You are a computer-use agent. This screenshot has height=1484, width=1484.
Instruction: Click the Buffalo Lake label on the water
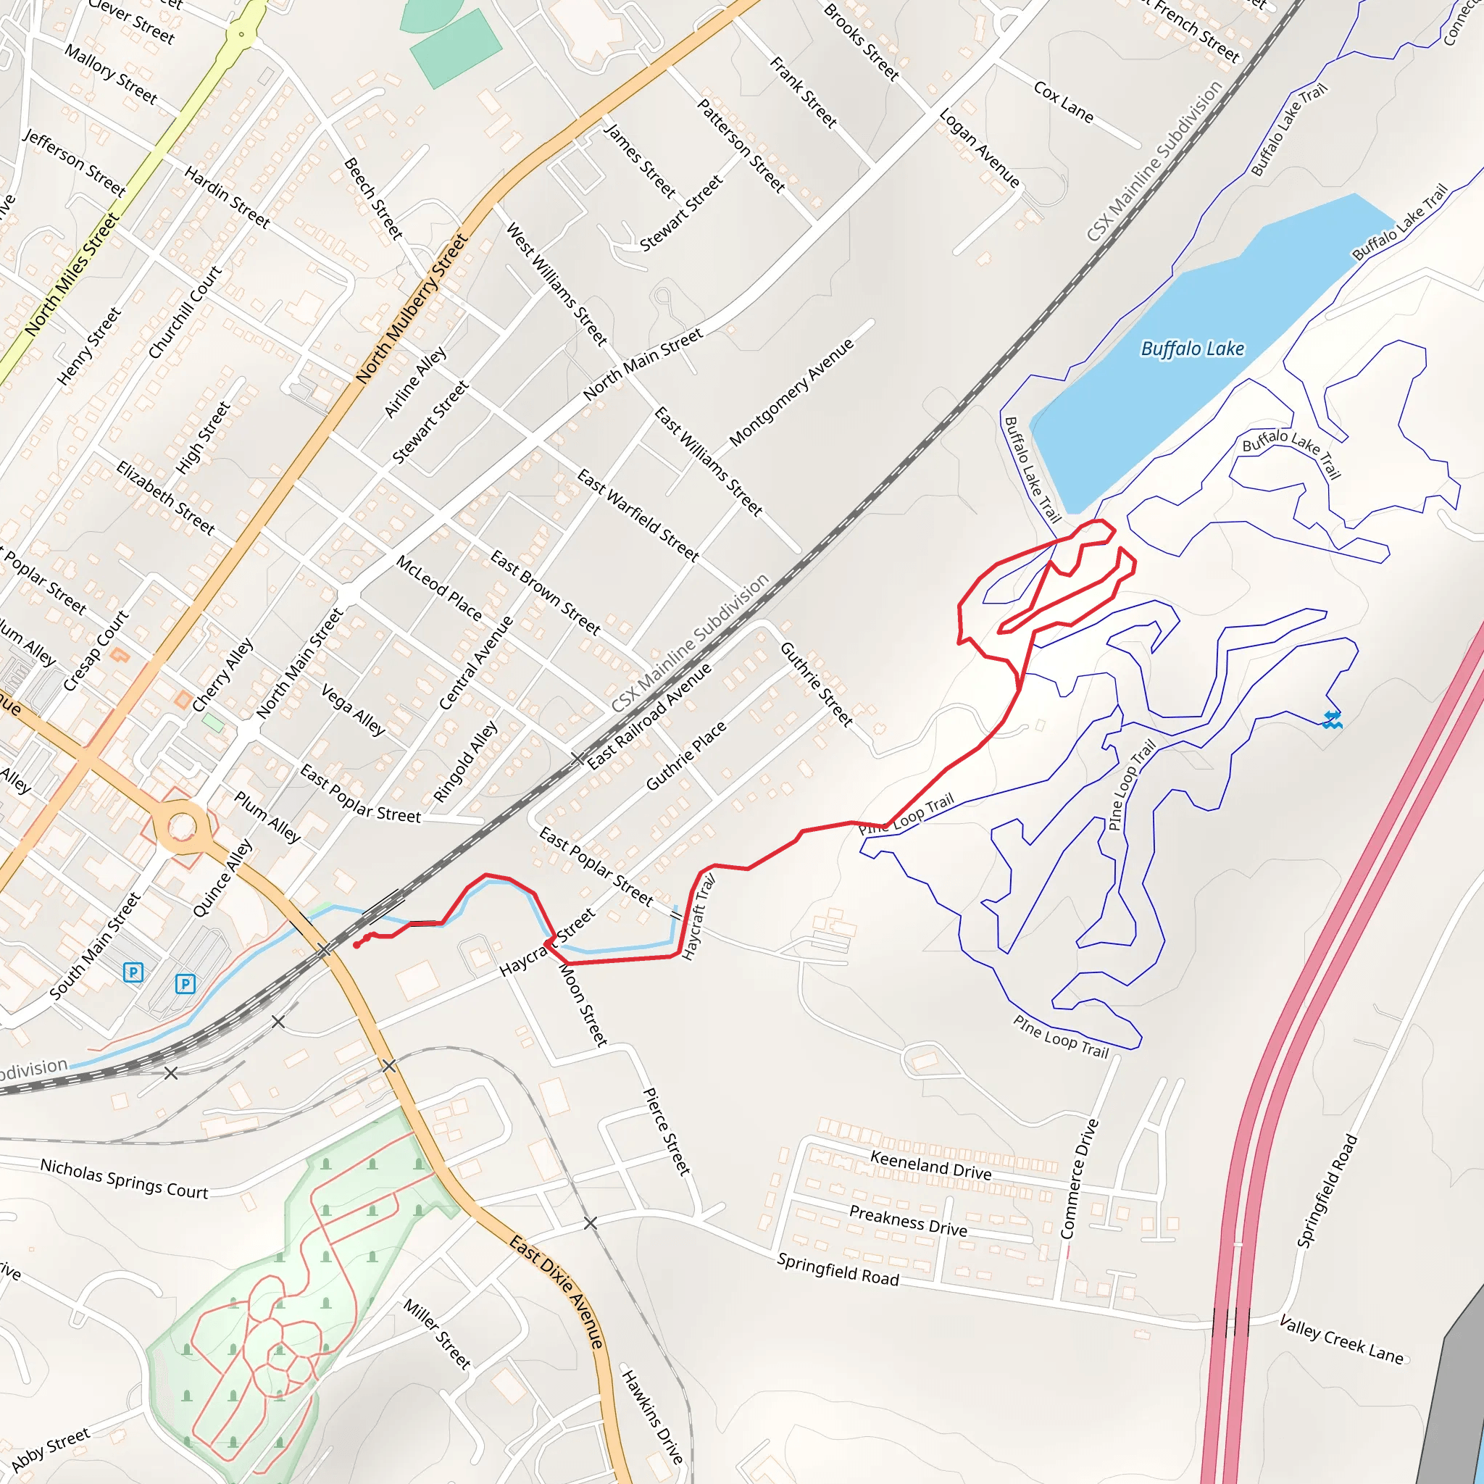coord(1192,349)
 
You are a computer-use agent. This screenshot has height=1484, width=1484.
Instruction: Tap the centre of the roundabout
coord(182,828)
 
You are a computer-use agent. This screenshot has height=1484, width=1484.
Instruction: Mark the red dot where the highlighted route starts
coord(357,945)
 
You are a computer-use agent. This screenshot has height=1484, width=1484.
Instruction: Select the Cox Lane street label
coord(1063,101)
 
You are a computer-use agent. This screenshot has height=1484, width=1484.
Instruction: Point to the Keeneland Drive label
coord(930,1165)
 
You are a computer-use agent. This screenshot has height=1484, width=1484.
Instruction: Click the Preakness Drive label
coord(908,1220)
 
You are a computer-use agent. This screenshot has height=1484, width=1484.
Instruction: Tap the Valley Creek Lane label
coord(1341,1339)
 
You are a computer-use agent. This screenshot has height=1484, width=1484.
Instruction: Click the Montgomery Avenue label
coord(791,392)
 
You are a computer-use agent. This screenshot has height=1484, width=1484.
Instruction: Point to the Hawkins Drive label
coord(652,1416)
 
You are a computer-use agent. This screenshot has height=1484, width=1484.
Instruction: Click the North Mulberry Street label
coord(412,307)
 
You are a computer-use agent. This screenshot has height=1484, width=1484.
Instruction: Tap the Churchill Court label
coord(184,312)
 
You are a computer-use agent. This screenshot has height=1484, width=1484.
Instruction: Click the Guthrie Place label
coord(686,756)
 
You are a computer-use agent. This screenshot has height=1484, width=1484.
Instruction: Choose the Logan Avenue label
coord(980,148)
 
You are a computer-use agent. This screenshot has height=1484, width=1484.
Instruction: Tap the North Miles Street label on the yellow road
coord(72,274)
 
